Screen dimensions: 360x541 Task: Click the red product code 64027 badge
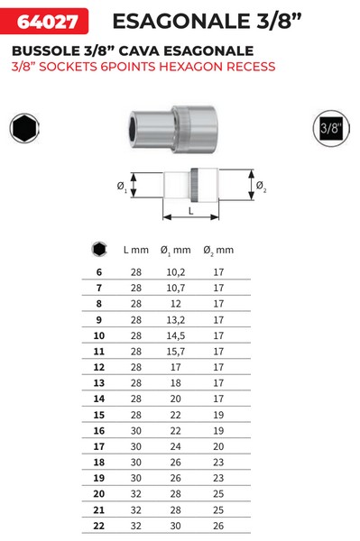pyautogui.click(x=44, y=21)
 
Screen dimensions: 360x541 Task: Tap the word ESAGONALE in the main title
pyautogui.click(x=181, y=22)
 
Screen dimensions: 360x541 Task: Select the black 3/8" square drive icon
pyautogui.click(x=331, y=128)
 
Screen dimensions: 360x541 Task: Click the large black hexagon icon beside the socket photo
pyautogui.click(x=24, y=128)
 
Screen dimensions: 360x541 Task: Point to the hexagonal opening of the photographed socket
pyautogui.click(x=133, y=129)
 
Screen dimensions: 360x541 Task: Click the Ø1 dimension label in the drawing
pyautogui.click(x=122, y=188)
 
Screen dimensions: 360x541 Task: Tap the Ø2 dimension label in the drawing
pyautogui.click(x=261, y=187)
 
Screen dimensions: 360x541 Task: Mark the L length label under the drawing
pyautogui.click(x=191, y=211)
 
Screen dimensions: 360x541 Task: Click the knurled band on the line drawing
pyautogui.click(x=194, y=185)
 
